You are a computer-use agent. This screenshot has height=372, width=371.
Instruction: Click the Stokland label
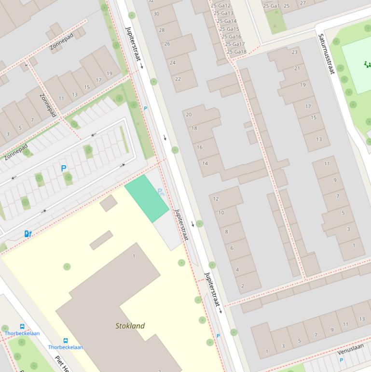click(x=130, y=326)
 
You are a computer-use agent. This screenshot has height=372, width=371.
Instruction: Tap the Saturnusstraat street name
click(x=326, y=54)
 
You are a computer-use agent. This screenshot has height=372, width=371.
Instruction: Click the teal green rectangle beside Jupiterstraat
click(x=147, y=199)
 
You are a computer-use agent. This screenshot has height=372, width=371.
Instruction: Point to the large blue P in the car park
click(x=63, y=169)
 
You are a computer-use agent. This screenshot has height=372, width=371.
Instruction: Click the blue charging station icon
click(x=28, y=234)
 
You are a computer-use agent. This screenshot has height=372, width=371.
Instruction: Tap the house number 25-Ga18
click(x=236, y=52)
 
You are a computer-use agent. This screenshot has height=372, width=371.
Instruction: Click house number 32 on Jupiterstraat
click(x=151, y=1)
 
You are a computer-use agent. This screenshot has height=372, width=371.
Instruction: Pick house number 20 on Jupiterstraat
click(x=189, y=114)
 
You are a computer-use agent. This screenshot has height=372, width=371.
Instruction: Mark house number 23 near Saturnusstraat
click(x=295, y=52)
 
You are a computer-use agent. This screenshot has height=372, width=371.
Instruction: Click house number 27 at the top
click(x=303, y=3)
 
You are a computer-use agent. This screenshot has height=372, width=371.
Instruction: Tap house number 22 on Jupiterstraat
click(x=178, y=79)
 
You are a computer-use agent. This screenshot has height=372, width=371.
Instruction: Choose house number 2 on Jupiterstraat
click(x=243, y=286)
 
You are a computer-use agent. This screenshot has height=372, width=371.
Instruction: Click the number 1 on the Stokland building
click(x=134, y=256)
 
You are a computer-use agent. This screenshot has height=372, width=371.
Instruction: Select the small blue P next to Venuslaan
click(x=341, y=360)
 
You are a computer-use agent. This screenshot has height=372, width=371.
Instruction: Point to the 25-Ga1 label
click(x=271, y=6)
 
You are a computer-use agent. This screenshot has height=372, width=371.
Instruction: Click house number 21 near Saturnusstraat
click(x=297, y=68)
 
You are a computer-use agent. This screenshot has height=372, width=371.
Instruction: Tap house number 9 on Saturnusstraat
click(x=335, y=180)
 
